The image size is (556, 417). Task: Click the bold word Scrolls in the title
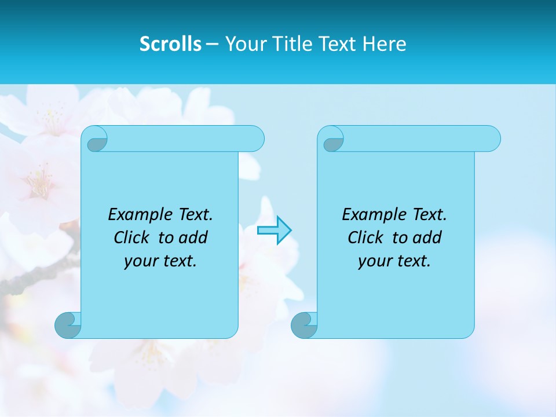170,43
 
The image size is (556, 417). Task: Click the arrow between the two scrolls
274,230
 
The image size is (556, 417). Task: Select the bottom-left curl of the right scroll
304,325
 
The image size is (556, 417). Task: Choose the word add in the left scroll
193,237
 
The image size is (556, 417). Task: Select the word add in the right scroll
427,237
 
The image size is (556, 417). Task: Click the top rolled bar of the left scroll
185,138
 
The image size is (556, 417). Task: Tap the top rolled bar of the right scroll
422,138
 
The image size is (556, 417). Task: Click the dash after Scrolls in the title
212,44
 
